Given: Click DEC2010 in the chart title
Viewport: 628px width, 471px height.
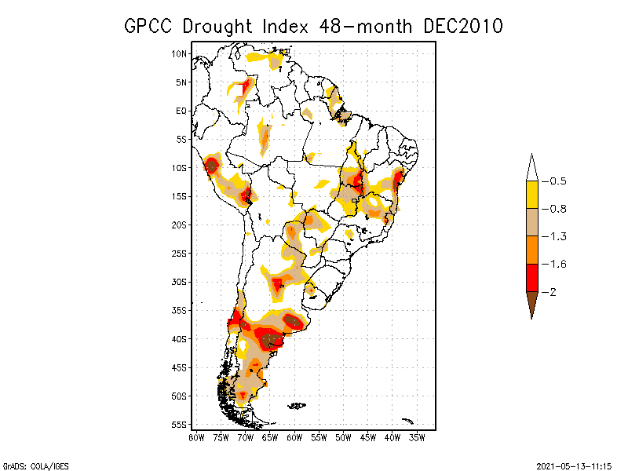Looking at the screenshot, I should [462, 26].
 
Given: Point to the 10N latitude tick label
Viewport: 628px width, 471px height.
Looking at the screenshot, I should [181, 53].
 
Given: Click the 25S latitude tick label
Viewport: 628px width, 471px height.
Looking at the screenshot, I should [181, 253].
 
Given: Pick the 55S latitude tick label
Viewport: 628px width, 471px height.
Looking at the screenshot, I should [181, 424].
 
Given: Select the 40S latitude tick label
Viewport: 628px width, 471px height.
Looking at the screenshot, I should [181, 338].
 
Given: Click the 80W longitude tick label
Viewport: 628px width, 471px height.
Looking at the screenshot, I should [196, 437].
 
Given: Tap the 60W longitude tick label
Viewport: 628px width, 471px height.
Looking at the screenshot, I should [294, 437].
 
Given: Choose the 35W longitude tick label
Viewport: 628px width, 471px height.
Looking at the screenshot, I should [417, 437].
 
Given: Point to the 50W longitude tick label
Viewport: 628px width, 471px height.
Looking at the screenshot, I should [343, 437].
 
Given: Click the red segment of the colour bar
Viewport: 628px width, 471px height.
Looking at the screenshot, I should [531, 277].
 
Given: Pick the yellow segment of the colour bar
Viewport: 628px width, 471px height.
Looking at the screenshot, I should [531, 195].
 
